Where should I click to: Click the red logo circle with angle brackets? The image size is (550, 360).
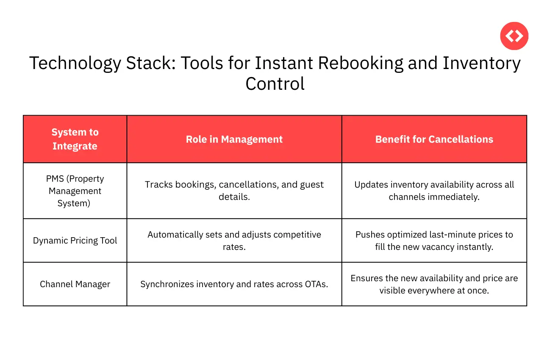click(x=514, y=36)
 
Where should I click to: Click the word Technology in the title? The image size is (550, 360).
click(x=75, y=64)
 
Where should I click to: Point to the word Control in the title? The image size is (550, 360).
click(x=275, y=83)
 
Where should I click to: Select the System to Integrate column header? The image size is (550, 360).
click(x=75, y=139)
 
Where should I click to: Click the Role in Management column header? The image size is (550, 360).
click(x=234, y=139)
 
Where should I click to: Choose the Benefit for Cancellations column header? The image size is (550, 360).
click(x=434, y=139)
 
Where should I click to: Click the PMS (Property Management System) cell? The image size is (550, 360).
click(x=75, y=191)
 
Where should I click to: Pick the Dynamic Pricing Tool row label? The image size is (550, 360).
click(x=75, y=241)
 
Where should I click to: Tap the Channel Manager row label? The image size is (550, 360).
click(x=75, y=284)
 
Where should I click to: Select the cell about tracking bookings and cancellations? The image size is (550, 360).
click(x=234, y=191)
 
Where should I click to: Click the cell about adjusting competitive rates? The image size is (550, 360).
click(x=234, y=241)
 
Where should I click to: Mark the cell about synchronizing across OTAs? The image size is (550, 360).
click(x=234, y=284)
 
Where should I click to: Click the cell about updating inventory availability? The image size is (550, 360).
click(x=434, y=191)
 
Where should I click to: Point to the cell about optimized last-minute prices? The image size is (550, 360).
click(x=434, y=241)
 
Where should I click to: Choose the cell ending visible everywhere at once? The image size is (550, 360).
click(x=434, y=284)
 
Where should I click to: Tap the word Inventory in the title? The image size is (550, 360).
click(x=481, y=64)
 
